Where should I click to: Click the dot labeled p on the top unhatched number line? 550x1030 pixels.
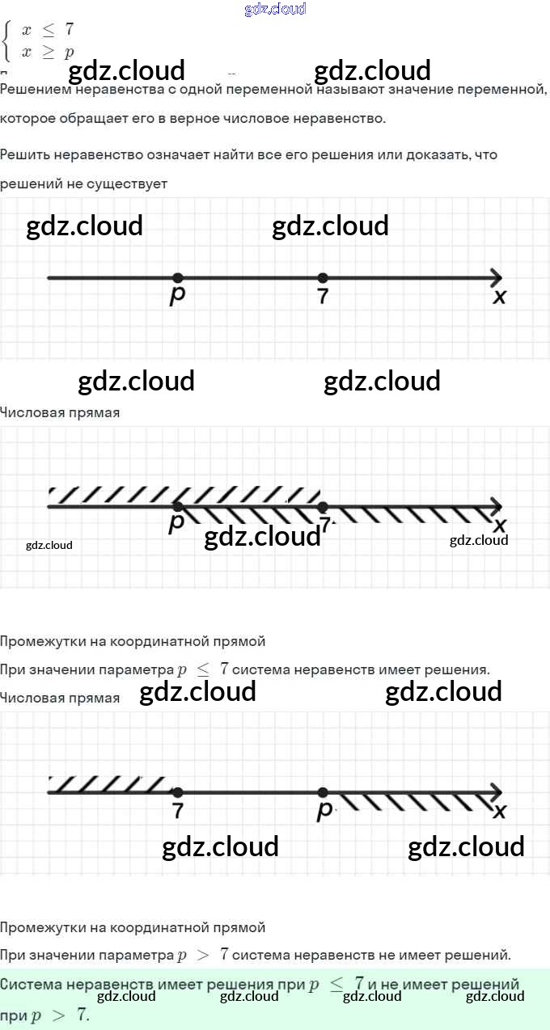[x=178, y=278]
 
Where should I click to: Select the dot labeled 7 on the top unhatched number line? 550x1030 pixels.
[x=323, y=278]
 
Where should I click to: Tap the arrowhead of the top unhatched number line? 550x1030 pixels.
[x=496, y=278]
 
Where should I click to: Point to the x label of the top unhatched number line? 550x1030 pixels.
[x=500, y=298]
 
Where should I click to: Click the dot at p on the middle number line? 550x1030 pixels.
[x=178, y=506]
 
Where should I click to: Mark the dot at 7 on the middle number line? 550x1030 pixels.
[x=323, y=506]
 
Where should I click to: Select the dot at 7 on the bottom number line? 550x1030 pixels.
[x=178, y=792]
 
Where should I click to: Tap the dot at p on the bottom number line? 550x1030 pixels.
[x=323, y=792]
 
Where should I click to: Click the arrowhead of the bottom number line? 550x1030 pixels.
[x=496, y=792]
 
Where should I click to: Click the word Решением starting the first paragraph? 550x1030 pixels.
[x=33, y=88]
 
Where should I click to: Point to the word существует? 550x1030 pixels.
[x=129, y=184]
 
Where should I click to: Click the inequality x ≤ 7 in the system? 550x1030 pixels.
[x=49, y=30]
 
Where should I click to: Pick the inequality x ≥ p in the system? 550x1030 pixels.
[x=49, y=53]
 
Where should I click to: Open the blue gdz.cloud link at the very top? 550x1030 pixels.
[x=275, y=9]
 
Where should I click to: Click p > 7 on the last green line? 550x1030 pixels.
[x=59, y=1015]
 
